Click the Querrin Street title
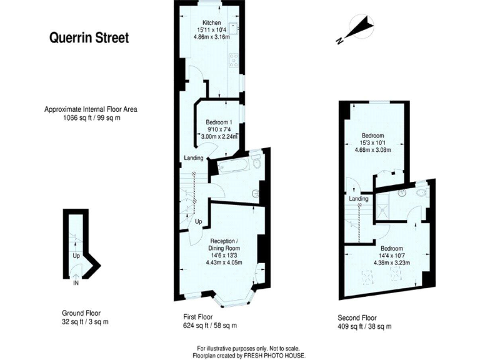[89, 38]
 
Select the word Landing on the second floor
[359, 199]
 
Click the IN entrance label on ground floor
[76, 283]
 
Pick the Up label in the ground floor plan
[76, 256]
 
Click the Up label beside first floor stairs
[199, 222]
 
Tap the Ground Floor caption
[81, 313]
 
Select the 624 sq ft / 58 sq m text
[207, 326]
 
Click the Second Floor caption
[357, 317]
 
